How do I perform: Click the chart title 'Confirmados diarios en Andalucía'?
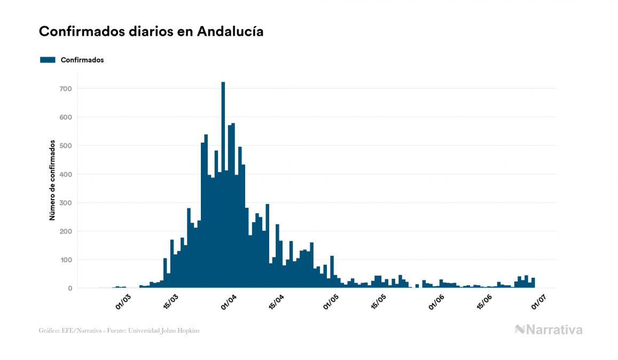coord(151,32)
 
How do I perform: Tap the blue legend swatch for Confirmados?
coord(48,60)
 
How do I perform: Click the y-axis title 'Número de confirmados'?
coord(52,181)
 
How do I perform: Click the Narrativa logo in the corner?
coord(549,330)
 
